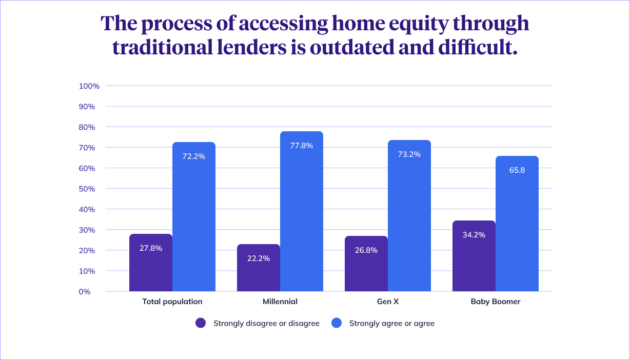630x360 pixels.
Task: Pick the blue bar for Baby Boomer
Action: click(517, 231)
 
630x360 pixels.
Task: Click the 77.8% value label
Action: click(302, 146)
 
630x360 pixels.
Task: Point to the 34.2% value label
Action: click(474, 235)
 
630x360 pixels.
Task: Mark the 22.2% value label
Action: click(259, 258)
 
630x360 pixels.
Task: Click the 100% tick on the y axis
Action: click(89, 86)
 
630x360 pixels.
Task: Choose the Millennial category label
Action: click(280, 302)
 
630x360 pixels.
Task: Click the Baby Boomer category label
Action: click(496, 302)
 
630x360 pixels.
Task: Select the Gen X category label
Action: click(388, 302)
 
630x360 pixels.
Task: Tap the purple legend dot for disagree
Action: click(201, 323)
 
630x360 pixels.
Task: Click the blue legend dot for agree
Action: click(337, 323)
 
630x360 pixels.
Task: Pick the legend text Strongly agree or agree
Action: click(392, 323)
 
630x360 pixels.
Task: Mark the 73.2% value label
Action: click(409, 154)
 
